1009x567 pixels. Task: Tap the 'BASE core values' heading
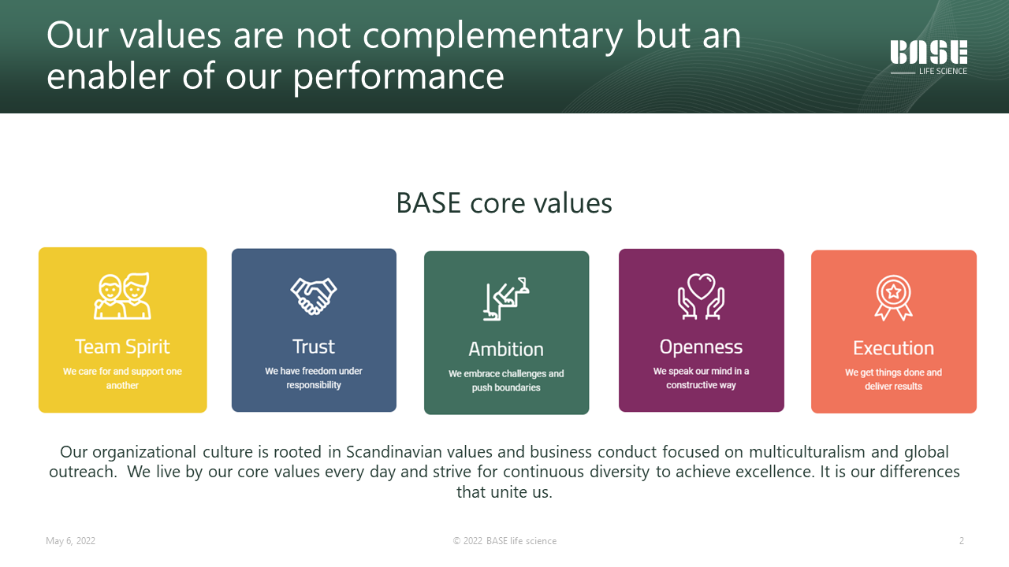(504, 202)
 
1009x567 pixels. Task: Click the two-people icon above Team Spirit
(122, 295)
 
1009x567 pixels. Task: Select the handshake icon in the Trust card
(314, 295)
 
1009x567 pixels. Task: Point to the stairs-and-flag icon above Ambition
(506, 298)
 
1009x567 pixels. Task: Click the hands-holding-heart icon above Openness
(702, 297)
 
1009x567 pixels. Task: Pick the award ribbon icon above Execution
(894, 298)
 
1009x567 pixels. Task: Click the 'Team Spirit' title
(122, 346)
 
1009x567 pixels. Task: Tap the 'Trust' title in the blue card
(314, 346)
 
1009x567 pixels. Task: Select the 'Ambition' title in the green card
(506, 349)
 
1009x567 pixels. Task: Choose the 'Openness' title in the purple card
(701, 347)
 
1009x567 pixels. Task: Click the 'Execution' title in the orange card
(893, 348)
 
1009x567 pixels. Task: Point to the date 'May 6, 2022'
(71, 541)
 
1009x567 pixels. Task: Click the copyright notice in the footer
(504, 541)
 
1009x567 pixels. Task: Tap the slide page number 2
(961, 541)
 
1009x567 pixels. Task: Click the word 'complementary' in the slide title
(493, 37)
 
